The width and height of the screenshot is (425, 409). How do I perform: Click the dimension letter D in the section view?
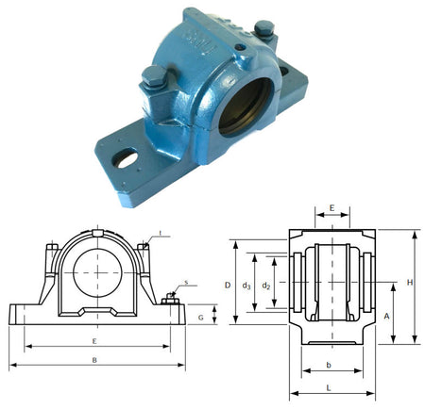pyautogui.click(x=227, y=284)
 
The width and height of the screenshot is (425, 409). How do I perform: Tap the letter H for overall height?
pyautogui.click(x=411, y=282)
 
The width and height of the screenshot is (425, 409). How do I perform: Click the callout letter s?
pyautogui.click(x=185, y=281)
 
